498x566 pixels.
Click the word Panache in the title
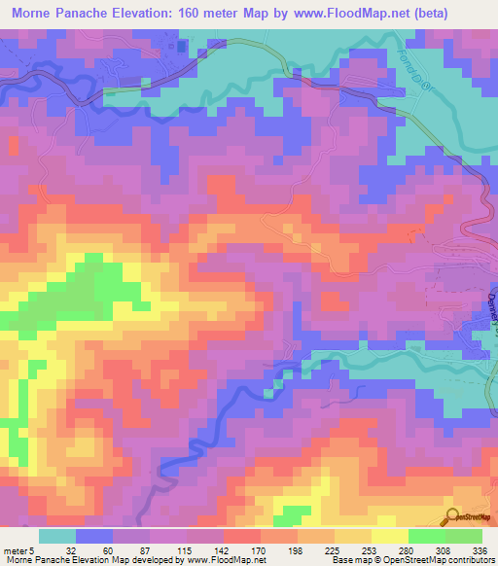[104, 14]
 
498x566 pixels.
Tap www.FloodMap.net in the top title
[359, 14]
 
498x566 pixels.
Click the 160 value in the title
[221, 14]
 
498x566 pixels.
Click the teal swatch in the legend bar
[57, 536]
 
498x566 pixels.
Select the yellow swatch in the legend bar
[389, 536]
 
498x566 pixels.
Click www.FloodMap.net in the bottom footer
[222, 560]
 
